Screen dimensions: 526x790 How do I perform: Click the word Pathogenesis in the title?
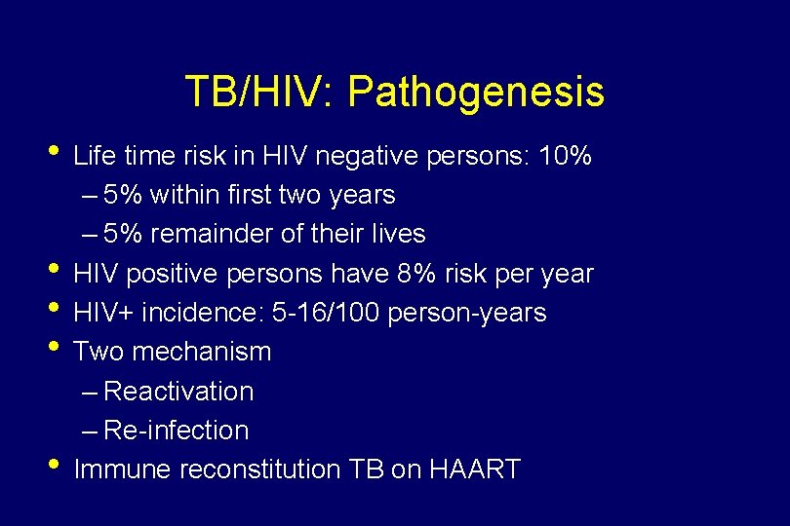coord(476,93)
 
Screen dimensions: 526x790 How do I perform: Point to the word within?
coord(180,195)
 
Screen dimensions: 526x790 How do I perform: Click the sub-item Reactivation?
coord(178,392)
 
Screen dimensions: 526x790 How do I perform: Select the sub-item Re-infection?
coord(176,431)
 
